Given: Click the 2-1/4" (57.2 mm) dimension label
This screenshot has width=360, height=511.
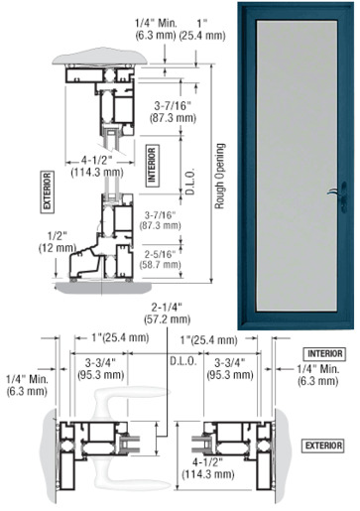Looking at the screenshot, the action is coord(167,314).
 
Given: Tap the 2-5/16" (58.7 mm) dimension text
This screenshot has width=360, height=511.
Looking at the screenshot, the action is coord(161,259).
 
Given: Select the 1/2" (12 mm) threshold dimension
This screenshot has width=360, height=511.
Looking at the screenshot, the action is coord(58,242).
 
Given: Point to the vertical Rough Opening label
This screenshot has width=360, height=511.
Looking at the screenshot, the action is coord(220,176).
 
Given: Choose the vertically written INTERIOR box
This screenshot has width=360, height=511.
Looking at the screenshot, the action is coord(152,166).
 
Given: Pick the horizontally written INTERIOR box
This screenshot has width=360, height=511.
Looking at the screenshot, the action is coord(325,354).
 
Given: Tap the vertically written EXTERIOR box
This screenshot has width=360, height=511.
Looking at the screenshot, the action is coord(47,192).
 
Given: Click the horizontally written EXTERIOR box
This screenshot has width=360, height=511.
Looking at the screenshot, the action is coord(323,446).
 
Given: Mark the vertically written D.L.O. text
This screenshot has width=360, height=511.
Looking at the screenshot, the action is coord(190,182).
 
